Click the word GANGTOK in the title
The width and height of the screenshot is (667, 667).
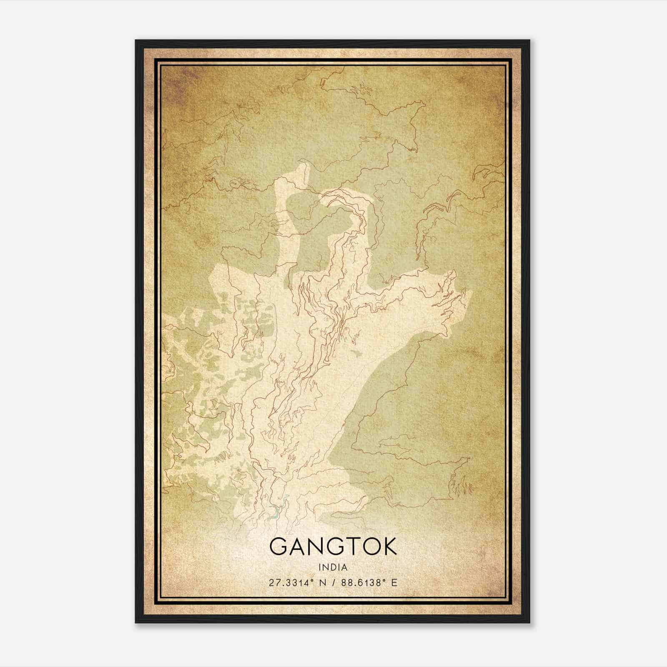(x=333, y=547)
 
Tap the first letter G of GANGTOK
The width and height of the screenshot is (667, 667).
(x=278, y=547)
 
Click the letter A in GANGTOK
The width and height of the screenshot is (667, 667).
(x=296, y=547)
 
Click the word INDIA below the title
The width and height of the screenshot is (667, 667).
(x=333, y=567)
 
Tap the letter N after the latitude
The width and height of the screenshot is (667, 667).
(x=321, y=583)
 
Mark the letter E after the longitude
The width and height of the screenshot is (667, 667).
(x=394, y=583)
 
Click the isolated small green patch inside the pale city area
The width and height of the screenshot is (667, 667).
(x=356, y=354)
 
